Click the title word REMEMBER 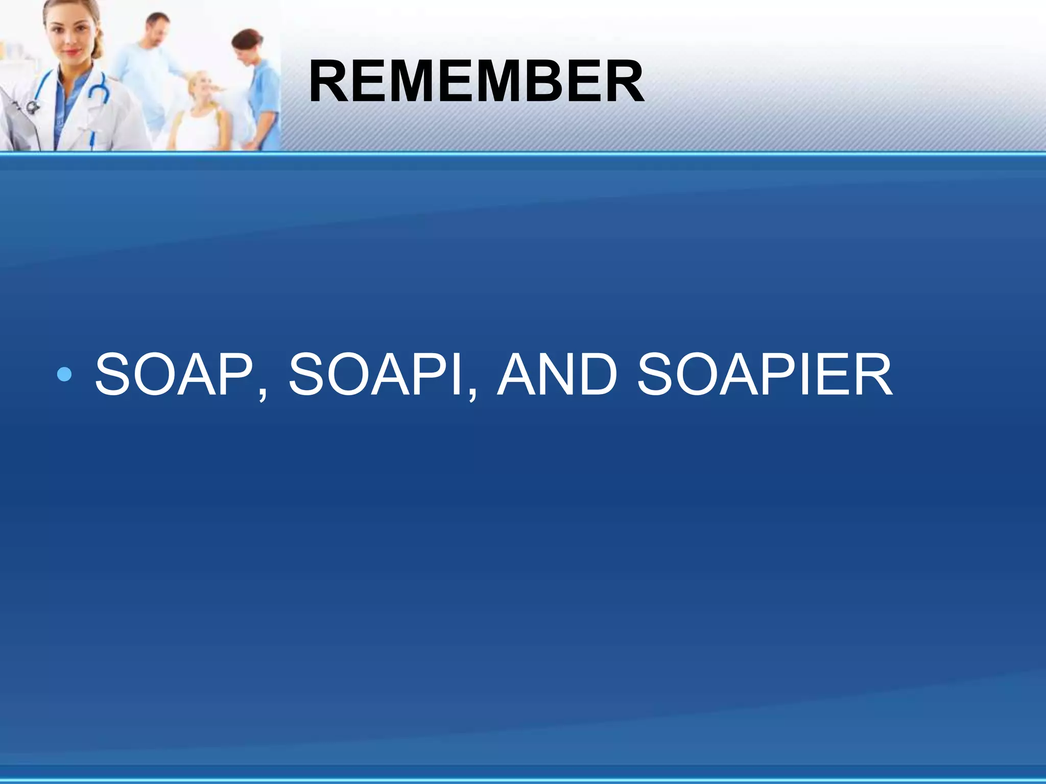476,82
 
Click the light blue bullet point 65,375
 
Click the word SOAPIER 765,375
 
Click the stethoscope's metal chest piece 33,107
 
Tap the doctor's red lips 73,52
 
